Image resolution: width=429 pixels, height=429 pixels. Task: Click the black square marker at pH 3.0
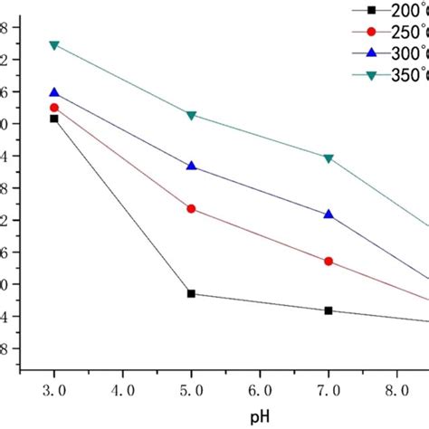(x=54, y=119)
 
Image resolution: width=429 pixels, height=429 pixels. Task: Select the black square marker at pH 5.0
(x=191, y=293)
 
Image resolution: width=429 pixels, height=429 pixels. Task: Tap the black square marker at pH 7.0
(x=329, y=310)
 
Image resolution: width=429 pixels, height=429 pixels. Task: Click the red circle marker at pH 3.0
(x=54, y=108)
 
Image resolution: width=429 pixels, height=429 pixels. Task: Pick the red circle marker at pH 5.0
(x=191, y=209)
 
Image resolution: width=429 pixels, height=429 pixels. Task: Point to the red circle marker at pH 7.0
(x=329, y=262)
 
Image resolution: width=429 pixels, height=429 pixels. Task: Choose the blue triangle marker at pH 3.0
(x=54, y=92)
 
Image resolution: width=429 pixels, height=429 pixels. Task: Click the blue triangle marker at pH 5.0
(x=191, y=166)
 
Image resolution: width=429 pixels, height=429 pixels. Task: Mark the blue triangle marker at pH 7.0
(x=329, y=214)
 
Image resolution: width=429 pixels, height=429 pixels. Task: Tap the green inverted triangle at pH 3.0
(x=54, y=45)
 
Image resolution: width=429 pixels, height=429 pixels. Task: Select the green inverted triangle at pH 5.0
(x=191, y=115)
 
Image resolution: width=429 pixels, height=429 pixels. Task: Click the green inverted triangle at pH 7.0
(x=329, y=158)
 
